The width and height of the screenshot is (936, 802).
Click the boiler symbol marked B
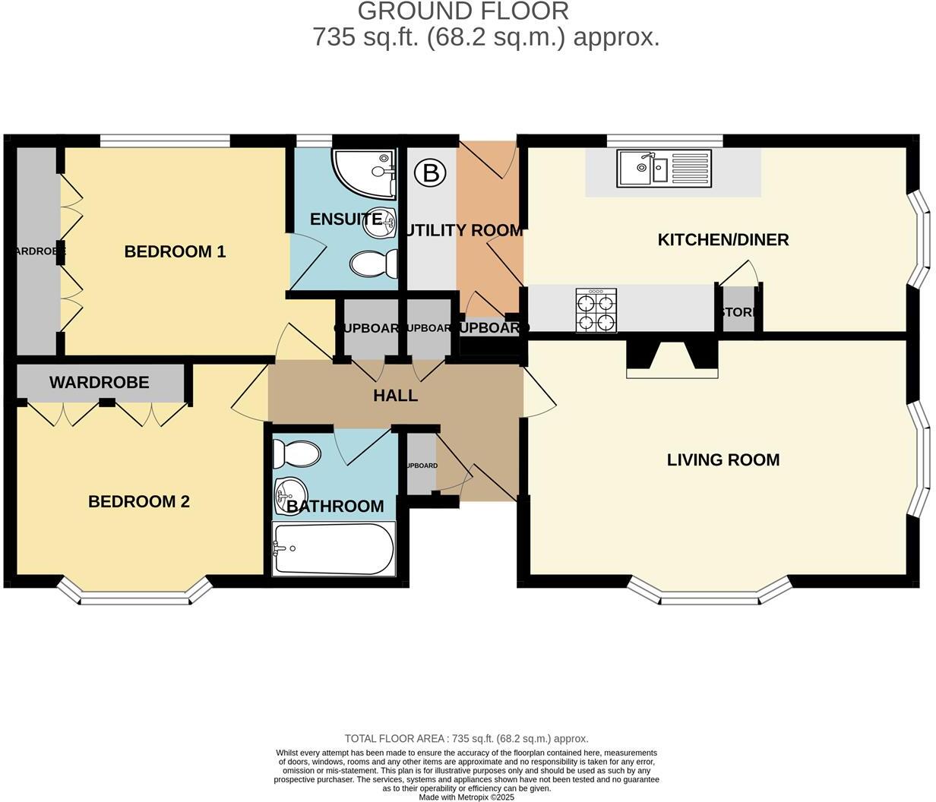click(x=431, y=173)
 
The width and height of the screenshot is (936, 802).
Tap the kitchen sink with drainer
click(x=664, y=168)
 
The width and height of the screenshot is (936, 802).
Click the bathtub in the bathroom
click(x=334, y=548)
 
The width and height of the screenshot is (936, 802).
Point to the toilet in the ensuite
click(x=374, y=264)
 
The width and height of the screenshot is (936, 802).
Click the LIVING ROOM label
click(x=723, y=459)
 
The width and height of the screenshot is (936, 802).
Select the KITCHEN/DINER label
click(x=723, y=240)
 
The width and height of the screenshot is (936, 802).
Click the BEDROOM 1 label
click(x=175, y=251)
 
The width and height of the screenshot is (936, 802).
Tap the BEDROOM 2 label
click(x=139, y=501)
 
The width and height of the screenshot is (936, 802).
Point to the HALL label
click(x=395, y=396)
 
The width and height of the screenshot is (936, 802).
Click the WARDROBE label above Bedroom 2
click(x=99, y=382)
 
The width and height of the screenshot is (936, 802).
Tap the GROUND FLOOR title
click(x=463, y=11)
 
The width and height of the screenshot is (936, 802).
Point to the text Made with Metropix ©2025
click(x=466, y=797)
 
